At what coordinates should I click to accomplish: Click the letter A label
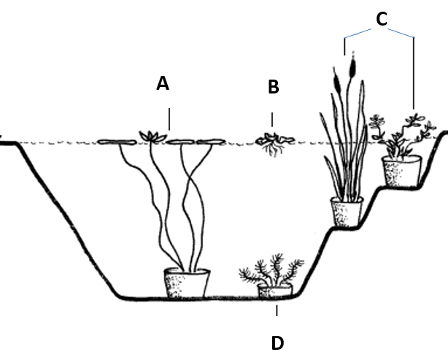coord(163,84)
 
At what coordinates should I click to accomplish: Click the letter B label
coord(274,88)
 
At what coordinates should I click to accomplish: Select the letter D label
coord(277,342)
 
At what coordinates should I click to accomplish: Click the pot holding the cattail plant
coord(347,212)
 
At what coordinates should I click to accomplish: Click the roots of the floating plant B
coord(274,150)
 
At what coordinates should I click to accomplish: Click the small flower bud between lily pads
coord(152,135)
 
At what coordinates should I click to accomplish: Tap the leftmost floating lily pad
coord(115,141)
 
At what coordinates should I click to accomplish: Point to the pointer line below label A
coord(170,118)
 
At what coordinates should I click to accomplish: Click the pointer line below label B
coord(273,120)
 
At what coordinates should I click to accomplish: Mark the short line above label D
coord(277,313)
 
